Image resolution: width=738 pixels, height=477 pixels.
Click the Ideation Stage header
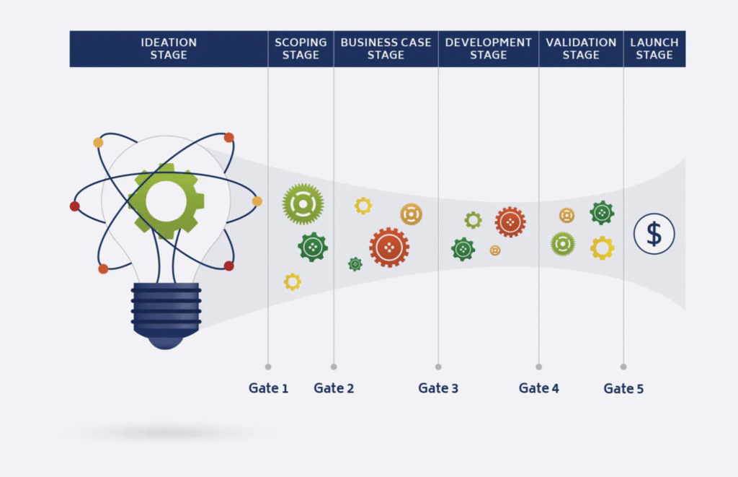(x=169, y=48)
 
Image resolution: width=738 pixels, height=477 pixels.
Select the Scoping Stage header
(x=301, y=48)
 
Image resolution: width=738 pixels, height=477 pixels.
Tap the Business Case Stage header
(x=386, y=48)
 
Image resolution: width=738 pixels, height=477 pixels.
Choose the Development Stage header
(x=489, y=48)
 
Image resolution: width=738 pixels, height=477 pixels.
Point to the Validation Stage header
(x=582, y=48)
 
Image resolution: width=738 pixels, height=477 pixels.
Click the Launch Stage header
(x=654, y=48)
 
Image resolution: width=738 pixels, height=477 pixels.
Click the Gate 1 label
(x=268, y=388)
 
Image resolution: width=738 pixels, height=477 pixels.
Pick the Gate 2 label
(x=334, y=388)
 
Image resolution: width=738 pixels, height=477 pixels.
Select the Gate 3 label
(x=438, y=388)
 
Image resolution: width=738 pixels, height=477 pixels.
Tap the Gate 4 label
(x=539, y=388)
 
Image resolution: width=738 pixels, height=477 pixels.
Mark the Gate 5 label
(x=623, y=388)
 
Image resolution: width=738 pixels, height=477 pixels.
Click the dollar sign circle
(x=654, y=234)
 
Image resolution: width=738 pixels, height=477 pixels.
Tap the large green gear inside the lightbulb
(x=166, y=201)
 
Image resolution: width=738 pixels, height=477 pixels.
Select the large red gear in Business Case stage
(x=389, y=248)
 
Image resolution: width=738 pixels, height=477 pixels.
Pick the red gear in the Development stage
(x=510, y=222)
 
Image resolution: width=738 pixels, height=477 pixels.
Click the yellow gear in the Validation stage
(x=603, y=248)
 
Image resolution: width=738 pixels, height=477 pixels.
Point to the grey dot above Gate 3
(x=438, y=367)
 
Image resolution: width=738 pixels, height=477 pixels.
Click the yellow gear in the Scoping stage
(x=293, y=282)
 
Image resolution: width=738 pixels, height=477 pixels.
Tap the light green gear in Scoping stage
(x=303, y=204)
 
